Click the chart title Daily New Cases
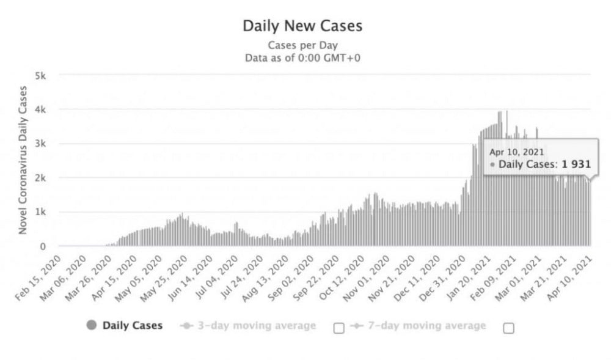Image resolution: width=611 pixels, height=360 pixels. point(302,26)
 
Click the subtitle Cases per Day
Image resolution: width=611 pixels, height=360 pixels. point(302,45)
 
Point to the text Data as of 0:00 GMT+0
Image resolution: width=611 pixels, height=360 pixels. point(302,57)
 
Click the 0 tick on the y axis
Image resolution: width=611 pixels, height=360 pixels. point(44,246)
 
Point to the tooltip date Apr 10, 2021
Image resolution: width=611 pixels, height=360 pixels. point(517,152)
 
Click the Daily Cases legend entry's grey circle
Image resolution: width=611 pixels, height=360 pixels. point(92,325)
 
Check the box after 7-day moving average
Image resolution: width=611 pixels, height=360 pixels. point(508,328)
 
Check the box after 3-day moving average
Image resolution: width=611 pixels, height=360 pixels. point(338,328)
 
